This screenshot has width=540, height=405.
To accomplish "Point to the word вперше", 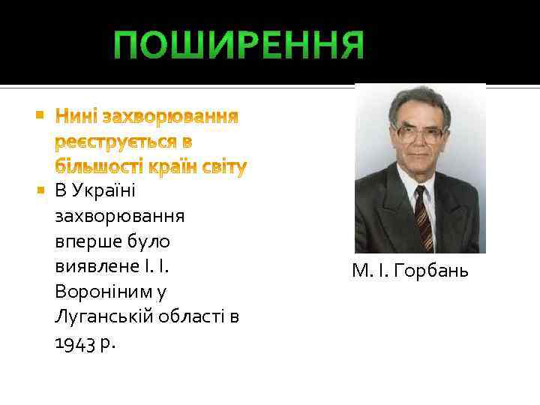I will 85,241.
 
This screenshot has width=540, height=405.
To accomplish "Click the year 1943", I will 73,343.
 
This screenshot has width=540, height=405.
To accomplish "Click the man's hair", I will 420,101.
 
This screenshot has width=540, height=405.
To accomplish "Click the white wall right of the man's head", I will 468,120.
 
